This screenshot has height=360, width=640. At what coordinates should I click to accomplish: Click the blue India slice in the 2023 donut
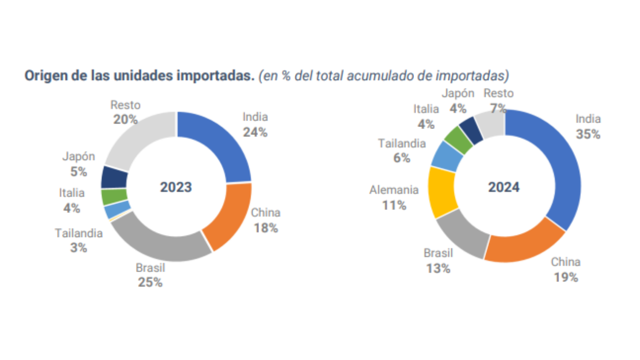point(220,140)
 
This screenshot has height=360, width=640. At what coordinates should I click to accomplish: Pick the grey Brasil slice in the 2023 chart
point(155,242)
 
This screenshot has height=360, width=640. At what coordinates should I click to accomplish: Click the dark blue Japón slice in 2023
point(114,177)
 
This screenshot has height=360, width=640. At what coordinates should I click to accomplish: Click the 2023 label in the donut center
point(176,187)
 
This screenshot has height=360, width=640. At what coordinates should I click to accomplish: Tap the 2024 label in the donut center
point(504,187)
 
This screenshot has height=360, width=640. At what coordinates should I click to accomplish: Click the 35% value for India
point(588,134)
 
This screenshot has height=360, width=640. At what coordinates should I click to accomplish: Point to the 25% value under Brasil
point(150,282)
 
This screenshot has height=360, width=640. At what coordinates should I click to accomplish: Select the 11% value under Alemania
point(394,205)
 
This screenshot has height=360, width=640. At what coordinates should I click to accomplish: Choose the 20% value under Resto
point(125,119)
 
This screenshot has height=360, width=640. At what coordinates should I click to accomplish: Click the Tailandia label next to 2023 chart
point(79,233)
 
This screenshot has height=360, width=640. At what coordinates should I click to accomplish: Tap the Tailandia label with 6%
point(402,144)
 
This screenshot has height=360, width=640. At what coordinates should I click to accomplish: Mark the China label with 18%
point(265,213)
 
